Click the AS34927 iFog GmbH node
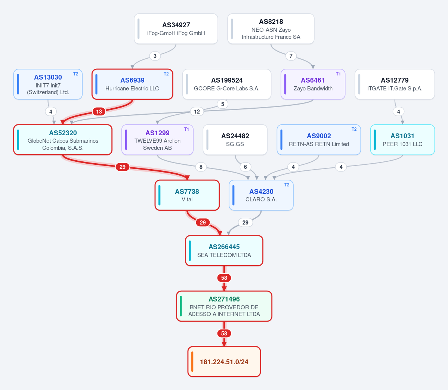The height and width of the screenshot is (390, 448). (x=176, y=29)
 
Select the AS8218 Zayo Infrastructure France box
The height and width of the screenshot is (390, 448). (x=271, y=29)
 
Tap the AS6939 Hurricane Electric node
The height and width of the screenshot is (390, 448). (x=132, y=84)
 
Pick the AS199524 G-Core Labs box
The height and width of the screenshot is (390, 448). (x=227, y=84)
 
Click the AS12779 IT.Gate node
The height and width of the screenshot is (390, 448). (x=395, y=84)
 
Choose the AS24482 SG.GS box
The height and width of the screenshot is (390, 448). (x=235, y=140)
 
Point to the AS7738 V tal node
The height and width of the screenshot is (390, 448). (x=187, y=195)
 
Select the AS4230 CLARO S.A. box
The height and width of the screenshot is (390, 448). (x=261, y=195)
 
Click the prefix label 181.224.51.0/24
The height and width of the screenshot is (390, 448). (x=224, y=362)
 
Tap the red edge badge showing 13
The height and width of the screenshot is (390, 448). (x=99, y=111)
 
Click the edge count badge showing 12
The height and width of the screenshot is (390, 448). (x=197, y=111)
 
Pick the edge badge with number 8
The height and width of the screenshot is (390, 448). (x=201, y=167)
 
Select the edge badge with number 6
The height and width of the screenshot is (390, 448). (x=245, y=167)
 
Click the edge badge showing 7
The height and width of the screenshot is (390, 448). (x=291, y=56)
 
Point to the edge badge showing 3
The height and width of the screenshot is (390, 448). (x=155, y=56)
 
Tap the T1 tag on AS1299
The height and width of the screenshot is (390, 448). (x=186, y=129)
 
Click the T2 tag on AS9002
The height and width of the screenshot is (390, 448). (x=354, y=129)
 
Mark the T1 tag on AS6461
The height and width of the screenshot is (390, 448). (x=338, y=74)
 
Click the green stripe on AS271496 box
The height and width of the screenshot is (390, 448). (x=181, y=306)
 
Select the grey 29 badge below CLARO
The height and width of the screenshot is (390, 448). (x=245, y=222)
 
